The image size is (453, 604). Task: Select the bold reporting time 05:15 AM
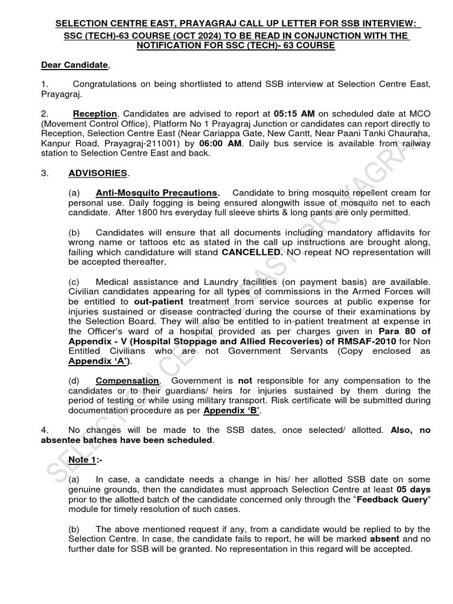(293, 114)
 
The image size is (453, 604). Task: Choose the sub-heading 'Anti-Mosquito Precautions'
(157, 193)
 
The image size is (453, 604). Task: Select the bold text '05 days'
(412, 490)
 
